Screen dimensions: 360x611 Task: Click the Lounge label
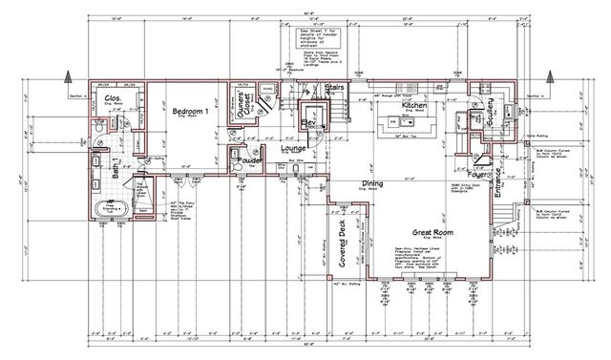292,149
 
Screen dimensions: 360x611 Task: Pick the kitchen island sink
391,125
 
